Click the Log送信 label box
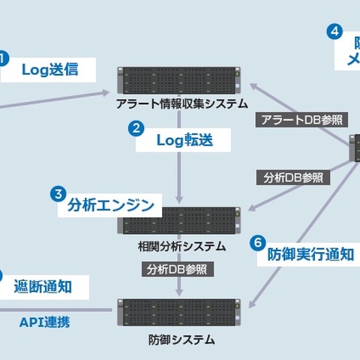pos(49,70)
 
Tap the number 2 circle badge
pos(136,127)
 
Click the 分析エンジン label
pos(110,205)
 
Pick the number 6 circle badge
pos(257,243)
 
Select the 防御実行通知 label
pos(310,254)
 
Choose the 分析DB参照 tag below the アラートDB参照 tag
pos(293,178)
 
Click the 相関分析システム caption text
pos(181,245)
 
